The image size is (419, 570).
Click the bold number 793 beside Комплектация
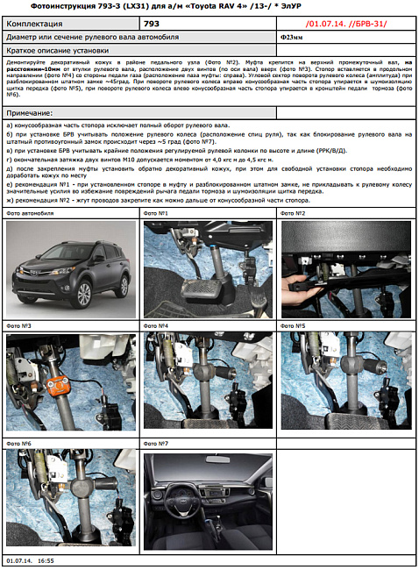(152, 25)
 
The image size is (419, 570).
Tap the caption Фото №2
(294, 213)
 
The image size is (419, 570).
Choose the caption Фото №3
(19, 325)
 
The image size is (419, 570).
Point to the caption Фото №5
(294, 325)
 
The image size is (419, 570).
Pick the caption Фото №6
(19, 432)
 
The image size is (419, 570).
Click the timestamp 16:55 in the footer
(46, 559)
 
